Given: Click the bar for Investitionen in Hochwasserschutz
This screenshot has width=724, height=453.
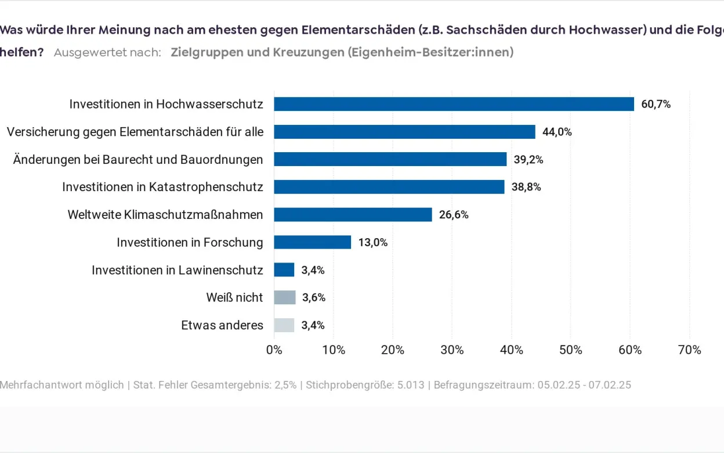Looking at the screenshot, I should click(x=454, y=104).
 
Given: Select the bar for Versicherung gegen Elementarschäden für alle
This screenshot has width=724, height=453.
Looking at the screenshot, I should click(x=404, y=132).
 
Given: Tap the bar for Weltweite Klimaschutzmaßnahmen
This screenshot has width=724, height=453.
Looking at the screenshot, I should click(x=353, y=214).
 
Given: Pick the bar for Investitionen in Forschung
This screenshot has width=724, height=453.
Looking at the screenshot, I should click(x=312, y=242).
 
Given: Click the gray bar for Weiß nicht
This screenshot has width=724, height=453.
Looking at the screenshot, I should click(x=284, y=297).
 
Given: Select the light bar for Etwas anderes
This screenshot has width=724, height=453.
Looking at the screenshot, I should click(x=284, y=325).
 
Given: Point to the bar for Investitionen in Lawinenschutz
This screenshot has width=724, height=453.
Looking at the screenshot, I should click(x=284, y=270).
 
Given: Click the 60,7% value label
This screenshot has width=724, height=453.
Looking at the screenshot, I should click(x=656, y=105).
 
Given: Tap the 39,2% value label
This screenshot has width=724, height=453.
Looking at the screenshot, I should click(x=528, y=160).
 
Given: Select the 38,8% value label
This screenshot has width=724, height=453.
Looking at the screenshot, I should click(x=526, y=187).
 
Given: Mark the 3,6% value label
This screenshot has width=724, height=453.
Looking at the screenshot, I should click(x=313, y=298).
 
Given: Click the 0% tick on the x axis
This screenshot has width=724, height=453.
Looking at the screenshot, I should click(x=274, y=350).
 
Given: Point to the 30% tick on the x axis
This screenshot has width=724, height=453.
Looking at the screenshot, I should click(x=452, y=350).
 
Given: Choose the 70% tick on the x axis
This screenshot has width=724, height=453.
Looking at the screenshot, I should click(x=689, y=350).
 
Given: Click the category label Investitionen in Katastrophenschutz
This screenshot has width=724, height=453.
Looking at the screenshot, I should click(x=162, y=187).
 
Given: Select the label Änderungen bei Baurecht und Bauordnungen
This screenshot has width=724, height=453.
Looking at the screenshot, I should click(x=138, y=160).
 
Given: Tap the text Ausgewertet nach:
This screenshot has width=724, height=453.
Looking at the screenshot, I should click(x=107, y=52).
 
